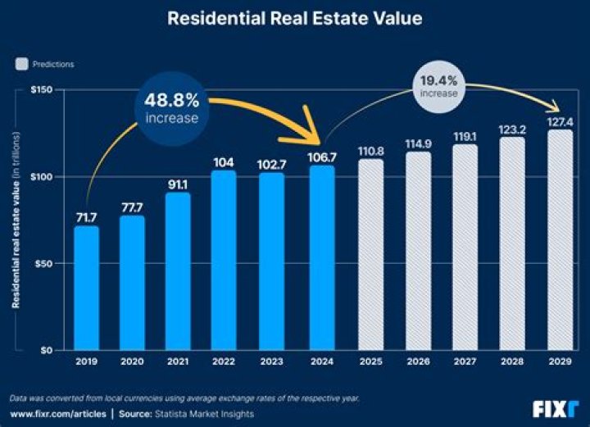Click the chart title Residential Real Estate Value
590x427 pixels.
[295, 18]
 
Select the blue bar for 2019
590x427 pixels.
[86, 288]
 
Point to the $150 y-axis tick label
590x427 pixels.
[42, 89]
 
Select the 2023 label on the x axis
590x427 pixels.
[272, 361]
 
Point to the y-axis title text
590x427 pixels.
[16, 229]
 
